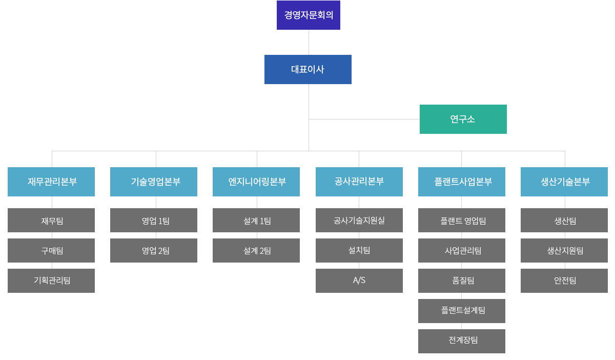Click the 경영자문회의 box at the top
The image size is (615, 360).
(308, 15)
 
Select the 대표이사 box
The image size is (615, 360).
(307, 69)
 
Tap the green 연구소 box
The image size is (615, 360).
(463, 119)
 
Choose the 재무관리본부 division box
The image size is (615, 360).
(51, 182)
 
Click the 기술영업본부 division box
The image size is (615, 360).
(154, 182)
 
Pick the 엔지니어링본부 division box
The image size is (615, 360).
(256, 182)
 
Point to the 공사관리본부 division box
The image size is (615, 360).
(359, 182)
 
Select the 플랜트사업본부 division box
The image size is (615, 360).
(461, 182)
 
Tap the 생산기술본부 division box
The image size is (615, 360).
(564, 182)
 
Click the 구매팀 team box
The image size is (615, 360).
(51, 250)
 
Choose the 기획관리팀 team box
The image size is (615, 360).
(51, 281)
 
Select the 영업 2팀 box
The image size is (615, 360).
(154, 250)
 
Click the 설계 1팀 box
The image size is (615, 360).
(256, 220)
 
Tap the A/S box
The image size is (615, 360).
(359, 281)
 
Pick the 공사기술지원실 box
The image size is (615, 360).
(359, 220)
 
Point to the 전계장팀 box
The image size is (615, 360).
(461, 341)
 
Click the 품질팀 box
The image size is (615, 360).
(461, 281)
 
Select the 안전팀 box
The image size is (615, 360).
(564, 281)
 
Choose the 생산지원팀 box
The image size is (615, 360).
(564, 250)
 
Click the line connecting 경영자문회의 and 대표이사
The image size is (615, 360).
(309, 42)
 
